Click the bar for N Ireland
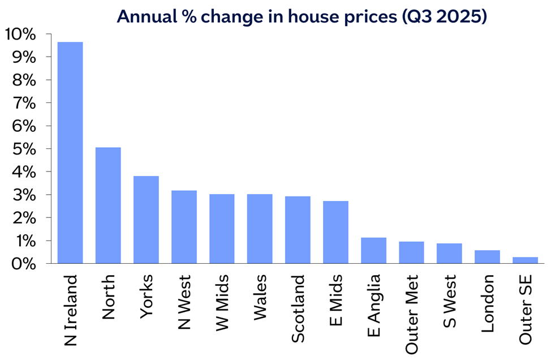70,153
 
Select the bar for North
108,205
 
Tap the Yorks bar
146,220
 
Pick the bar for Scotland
298,230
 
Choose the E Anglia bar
373,251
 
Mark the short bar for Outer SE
525,260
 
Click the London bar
487,256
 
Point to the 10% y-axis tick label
20,35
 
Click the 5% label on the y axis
24,149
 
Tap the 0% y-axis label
24,264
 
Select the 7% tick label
24,104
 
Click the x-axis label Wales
260,297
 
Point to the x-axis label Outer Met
411,314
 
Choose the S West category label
449,301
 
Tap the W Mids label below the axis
222,303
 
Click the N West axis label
184,302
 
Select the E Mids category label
336,300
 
